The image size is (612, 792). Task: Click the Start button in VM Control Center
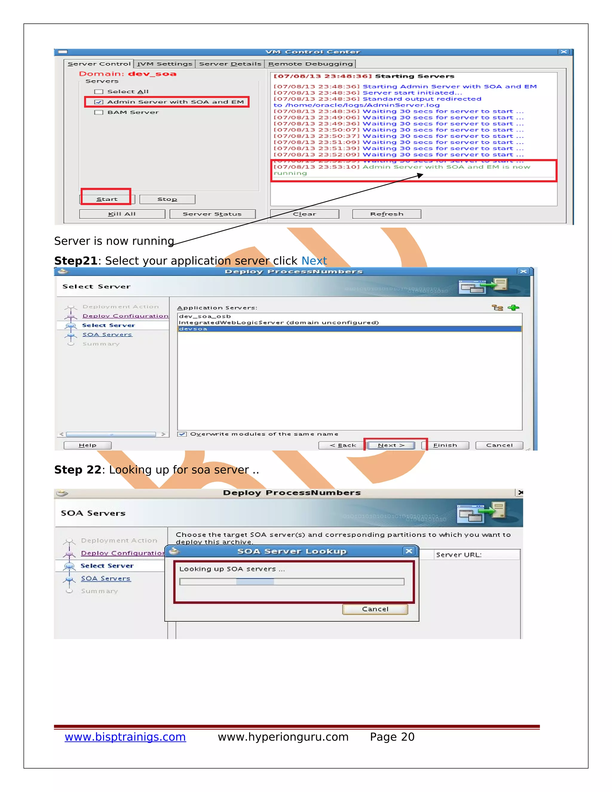pos(107,199)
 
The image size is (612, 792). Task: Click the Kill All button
pos(122,214)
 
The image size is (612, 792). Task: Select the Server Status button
pos(212,214)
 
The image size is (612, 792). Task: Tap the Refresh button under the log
pos(386,214)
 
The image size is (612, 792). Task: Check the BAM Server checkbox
pos(99,112)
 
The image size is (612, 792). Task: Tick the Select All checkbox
pos(99,92)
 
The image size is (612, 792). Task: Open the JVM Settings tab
pos(165,64)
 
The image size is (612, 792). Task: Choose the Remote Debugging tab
pos(310,64)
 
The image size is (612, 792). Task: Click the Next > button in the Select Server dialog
pos(391,445)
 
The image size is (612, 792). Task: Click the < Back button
pos(343,445)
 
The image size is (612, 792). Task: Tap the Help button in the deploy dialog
pos(87,445)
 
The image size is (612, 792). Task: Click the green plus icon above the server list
pos(513,308)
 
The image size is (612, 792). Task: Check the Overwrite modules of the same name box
pos(182,434)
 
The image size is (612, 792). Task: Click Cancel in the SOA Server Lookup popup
pos(375,609)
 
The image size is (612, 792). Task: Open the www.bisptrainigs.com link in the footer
pos(125,737)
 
